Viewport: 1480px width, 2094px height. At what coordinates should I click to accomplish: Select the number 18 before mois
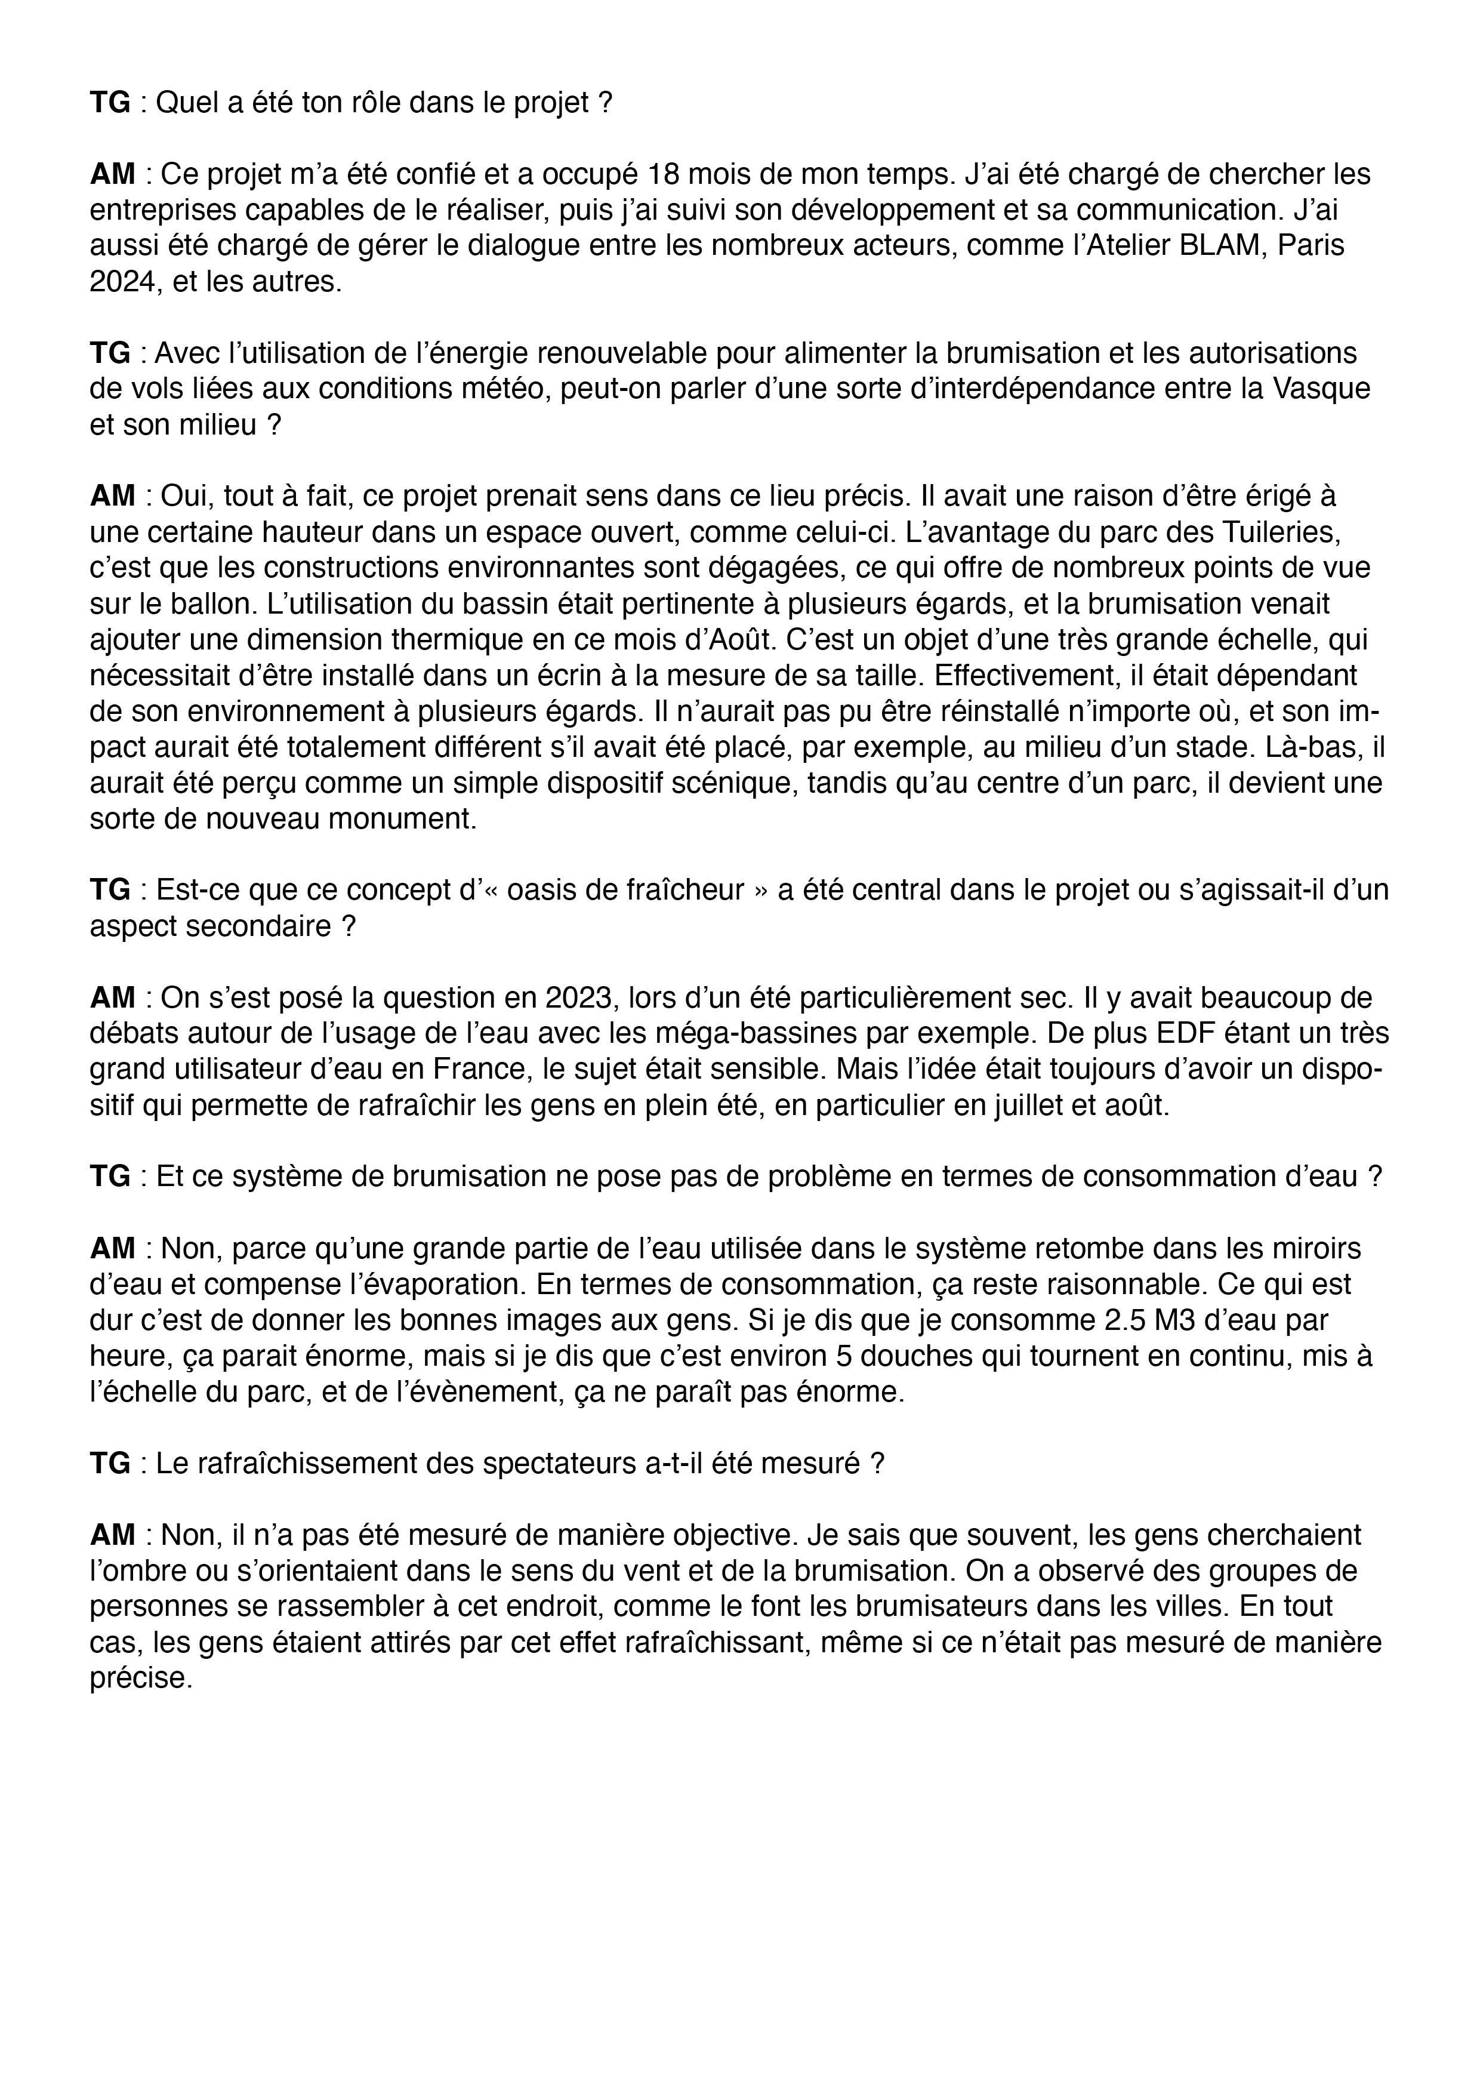click(x=665, y=174)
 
